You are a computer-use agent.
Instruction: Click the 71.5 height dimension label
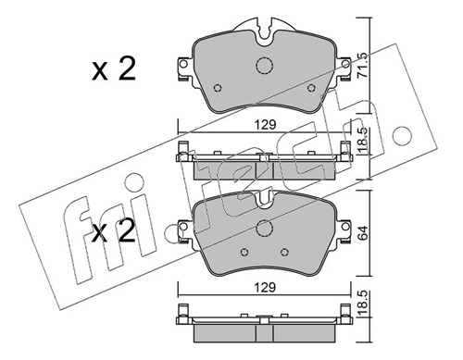tap(362, 69)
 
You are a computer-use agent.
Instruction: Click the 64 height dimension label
tap(362, 233)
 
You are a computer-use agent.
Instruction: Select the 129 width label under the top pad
tap(265, 125)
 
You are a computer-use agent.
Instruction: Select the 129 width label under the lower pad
tap(265, 288)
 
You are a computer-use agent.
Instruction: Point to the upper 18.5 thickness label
tap(363, 140)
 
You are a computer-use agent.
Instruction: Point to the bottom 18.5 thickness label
tap(363, 304)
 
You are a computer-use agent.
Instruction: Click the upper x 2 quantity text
tap(114, 69)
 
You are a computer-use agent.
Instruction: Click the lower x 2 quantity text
tap(114, 230)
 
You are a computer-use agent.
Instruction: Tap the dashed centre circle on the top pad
tap(265, 65)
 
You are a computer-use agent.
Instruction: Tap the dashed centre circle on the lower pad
tap(265, 228)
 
